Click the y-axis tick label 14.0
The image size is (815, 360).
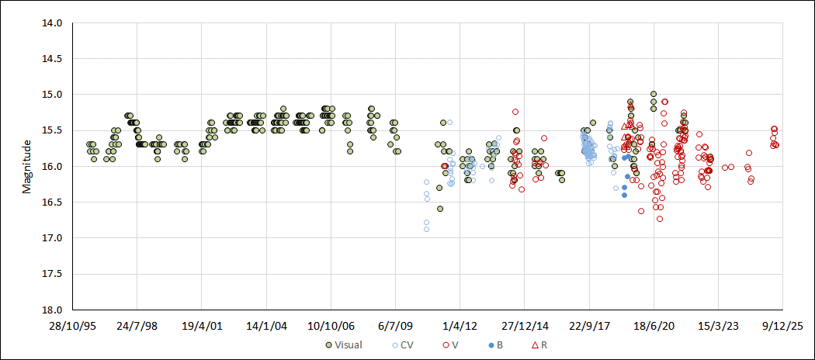(x=52, y=23)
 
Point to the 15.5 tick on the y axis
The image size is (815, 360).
(x=52, y=130)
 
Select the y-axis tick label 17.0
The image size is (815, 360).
(x=52, y=238)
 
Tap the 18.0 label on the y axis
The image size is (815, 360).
(x=52, y=310)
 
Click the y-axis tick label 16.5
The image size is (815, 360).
(x=52, y=202)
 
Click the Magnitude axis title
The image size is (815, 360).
(x=26, y=166)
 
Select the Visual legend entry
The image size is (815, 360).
(x=345, y=344)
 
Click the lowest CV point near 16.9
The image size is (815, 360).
(x=426, y=229)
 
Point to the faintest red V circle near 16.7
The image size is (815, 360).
(x=660, y=219)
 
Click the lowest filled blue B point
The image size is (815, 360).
(x=624, y=195)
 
